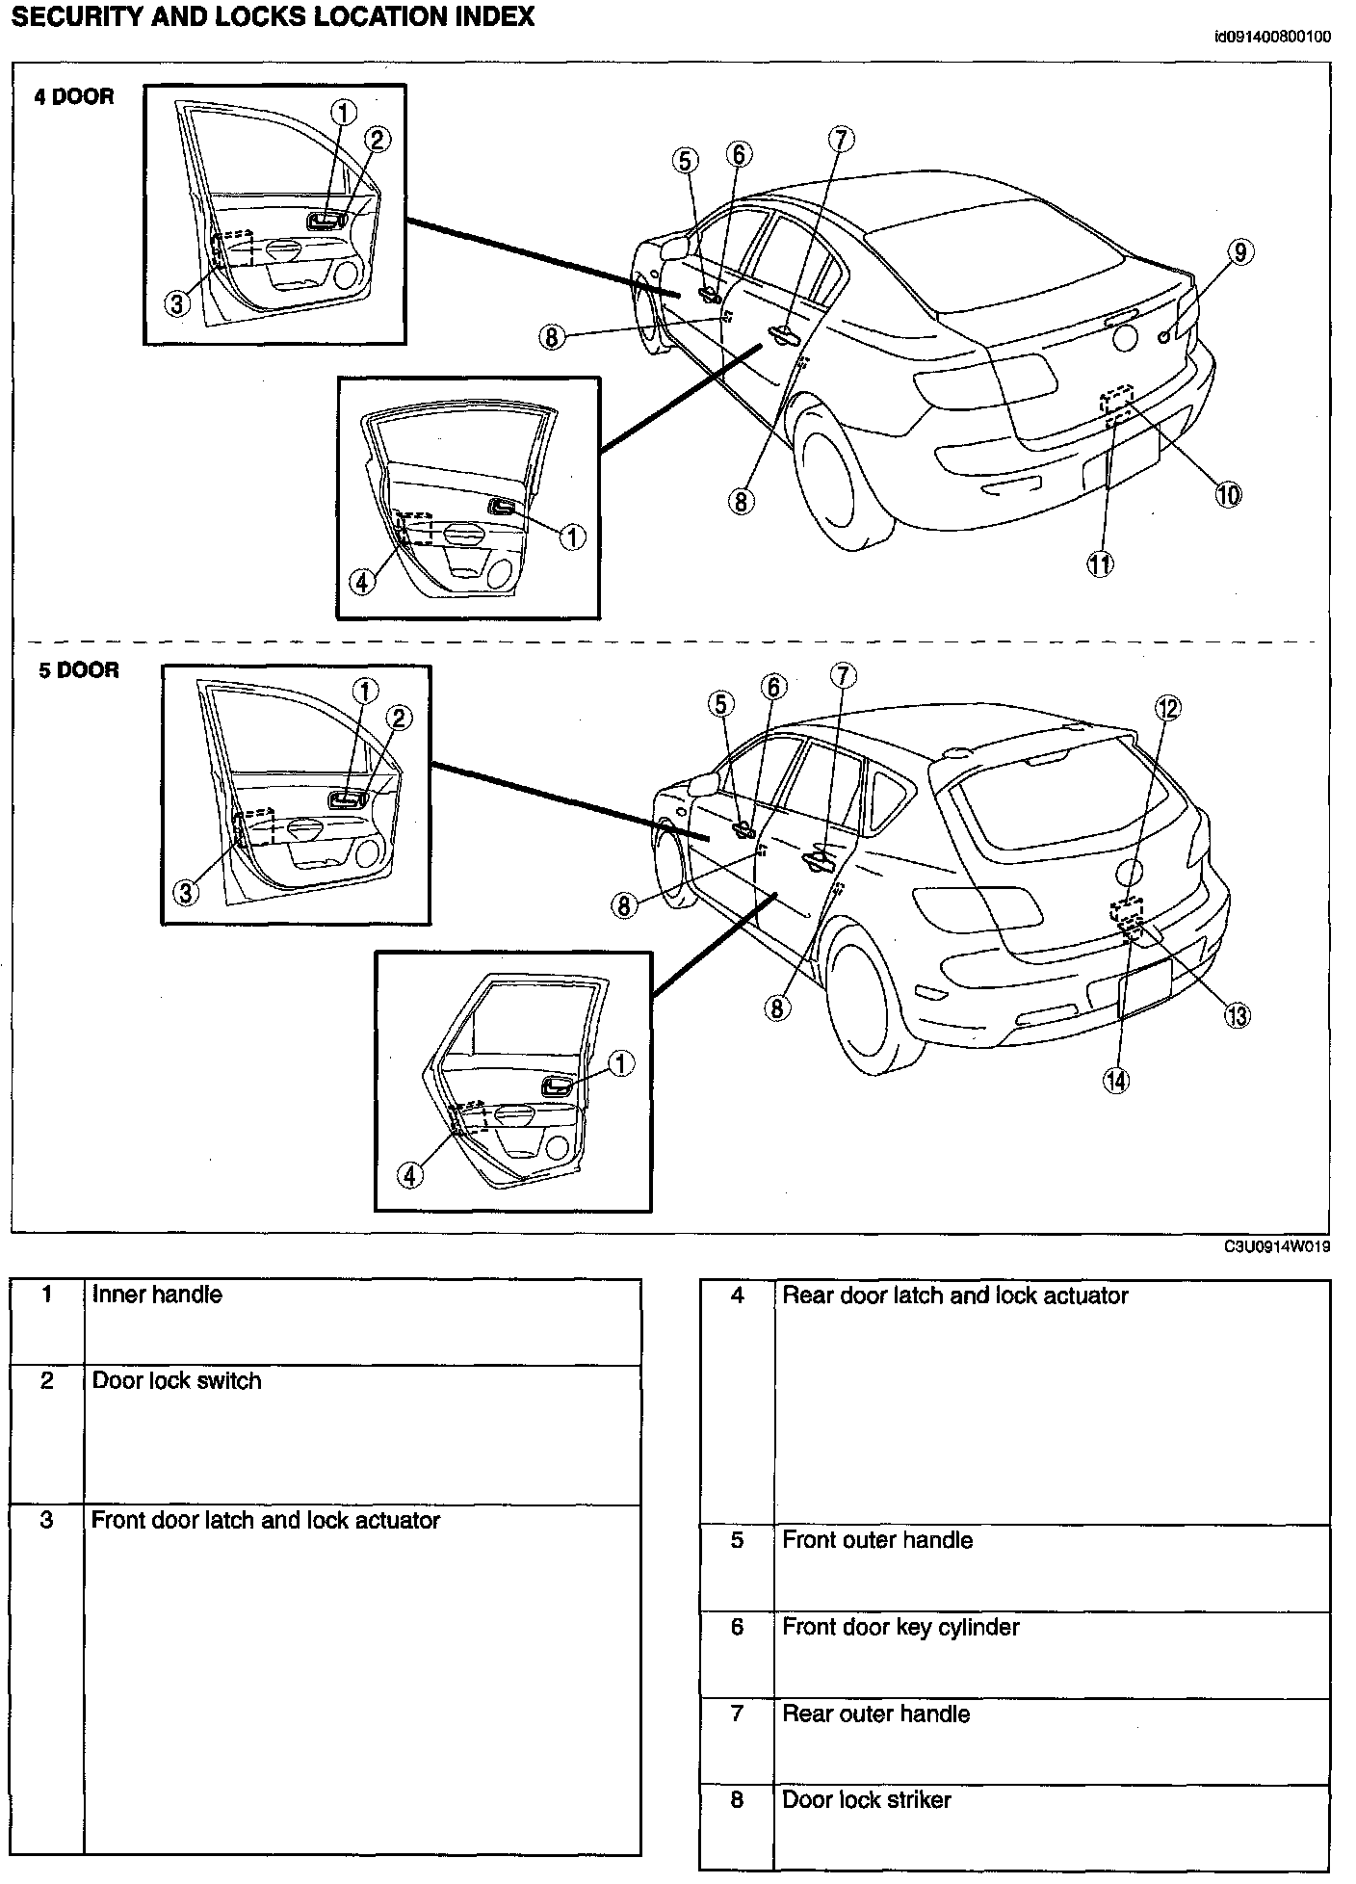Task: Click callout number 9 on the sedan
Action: (1240, 252)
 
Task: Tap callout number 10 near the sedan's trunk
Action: (1228, 495)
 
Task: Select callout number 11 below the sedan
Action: (1100, 564)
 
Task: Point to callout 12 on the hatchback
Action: (1168, 709)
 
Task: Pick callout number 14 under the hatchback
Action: (1115, 1081)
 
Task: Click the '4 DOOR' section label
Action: (74, 96)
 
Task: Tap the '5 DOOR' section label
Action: (78, 670)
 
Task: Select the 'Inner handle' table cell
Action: (157, 1295)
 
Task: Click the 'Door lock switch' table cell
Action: (176, 1381)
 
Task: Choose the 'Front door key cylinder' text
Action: (900, 1627)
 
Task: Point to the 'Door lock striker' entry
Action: (866, 1800)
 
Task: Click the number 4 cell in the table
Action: (737, 1295)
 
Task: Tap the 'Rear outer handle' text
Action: (875, 1714)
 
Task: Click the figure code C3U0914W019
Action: (1277, 1246)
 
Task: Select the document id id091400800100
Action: (1272, 38)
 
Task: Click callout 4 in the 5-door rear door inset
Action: (410, 1175)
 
